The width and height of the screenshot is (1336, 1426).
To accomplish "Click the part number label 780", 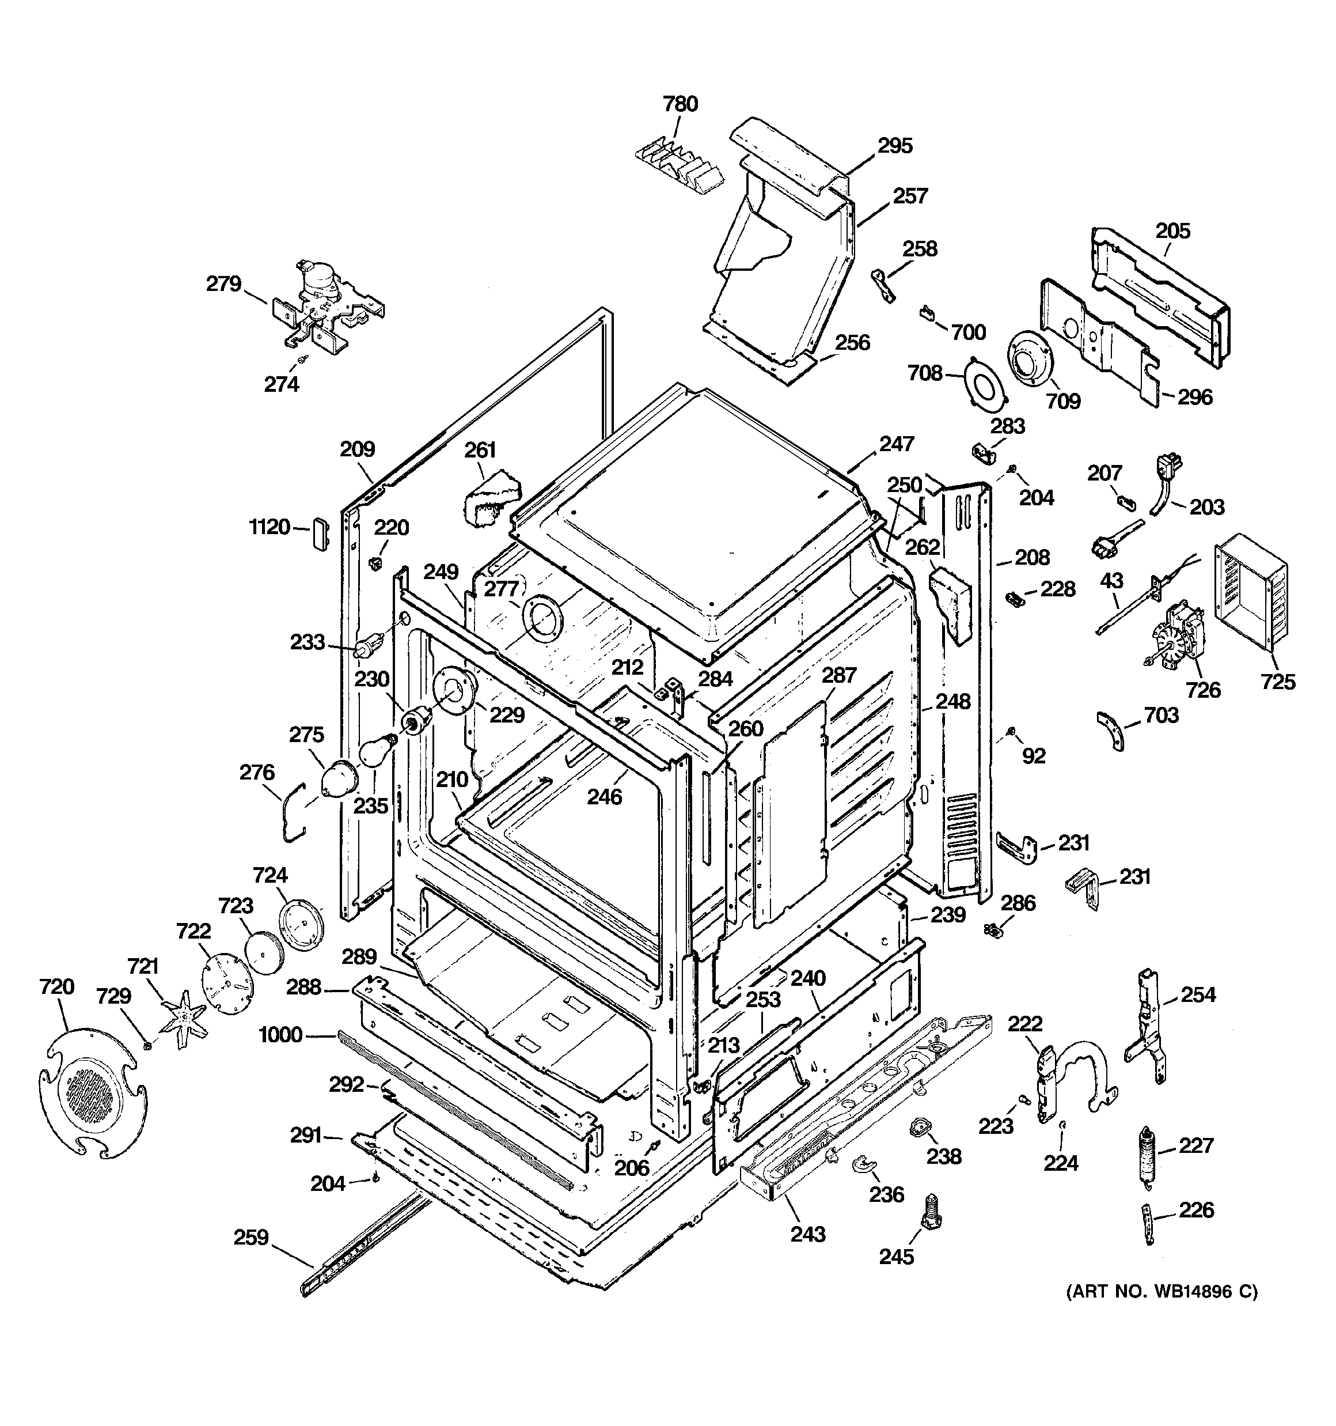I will coord(680,104).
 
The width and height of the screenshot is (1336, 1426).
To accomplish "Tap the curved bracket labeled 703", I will coord(1112,730).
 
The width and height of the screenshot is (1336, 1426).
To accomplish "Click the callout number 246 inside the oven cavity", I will coord(604,796).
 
